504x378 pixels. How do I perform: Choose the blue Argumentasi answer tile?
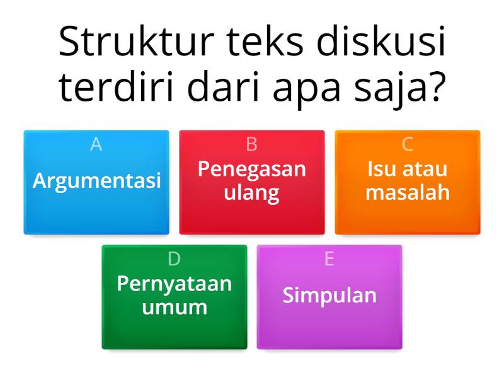click(x=96, y=182)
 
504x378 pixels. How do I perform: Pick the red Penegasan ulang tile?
click(x=252, y=182)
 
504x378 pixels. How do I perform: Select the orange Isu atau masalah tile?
click(x=408, y=182)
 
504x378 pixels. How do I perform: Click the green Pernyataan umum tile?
click(x=175, y=297)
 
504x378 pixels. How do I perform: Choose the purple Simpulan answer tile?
click(x=329, y=297)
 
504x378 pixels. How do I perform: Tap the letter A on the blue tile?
click(x=96, y=144)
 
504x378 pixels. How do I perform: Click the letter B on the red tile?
click(x=252, y=144)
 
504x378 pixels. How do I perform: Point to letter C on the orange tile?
click(x=408, y=144)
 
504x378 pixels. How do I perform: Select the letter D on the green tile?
click(x=175, y=259)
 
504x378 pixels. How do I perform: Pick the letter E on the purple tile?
click(x=329, y=259)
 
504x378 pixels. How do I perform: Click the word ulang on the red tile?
click(x=252, y=193)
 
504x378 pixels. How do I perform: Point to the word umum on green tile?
click(x=175, y=307)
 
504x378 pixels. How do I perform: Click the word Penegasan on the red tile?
click(x=252, y=169)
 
